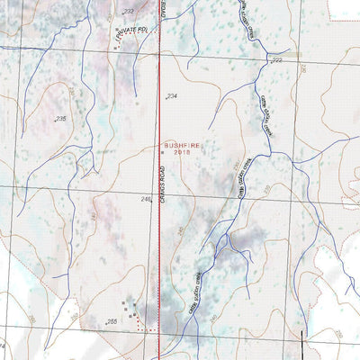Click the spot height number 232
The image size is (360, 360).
pos(128,11)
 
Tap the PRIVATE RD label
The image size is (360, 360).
pos(130,34)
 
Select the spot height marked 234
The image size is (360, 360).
pos(172,95)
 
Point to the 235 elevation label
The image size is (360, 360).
pos(61,119)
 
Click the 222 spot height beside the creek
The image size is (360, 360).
pos(276,60)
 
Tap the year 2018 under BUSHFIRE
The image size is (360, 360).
pos(184,153)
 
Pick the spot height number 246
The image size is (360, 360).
pos(146,200)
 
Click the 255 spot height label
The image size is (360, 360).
pos(112,321)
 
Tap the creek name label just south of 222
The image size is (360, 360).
pos(265,117)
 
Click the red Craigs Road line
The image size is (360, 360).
pos(159,270)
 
